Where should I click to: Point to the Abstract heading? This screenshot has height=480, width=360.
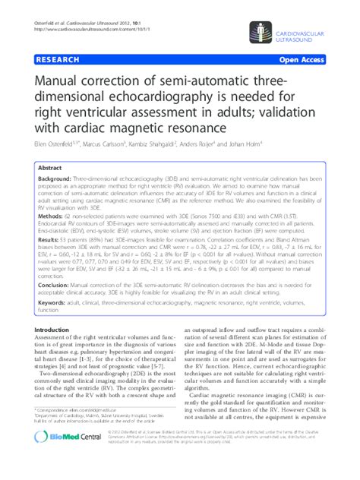(50, 168)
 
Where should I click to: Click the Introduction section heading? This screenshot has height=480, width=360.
(58, 330)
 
